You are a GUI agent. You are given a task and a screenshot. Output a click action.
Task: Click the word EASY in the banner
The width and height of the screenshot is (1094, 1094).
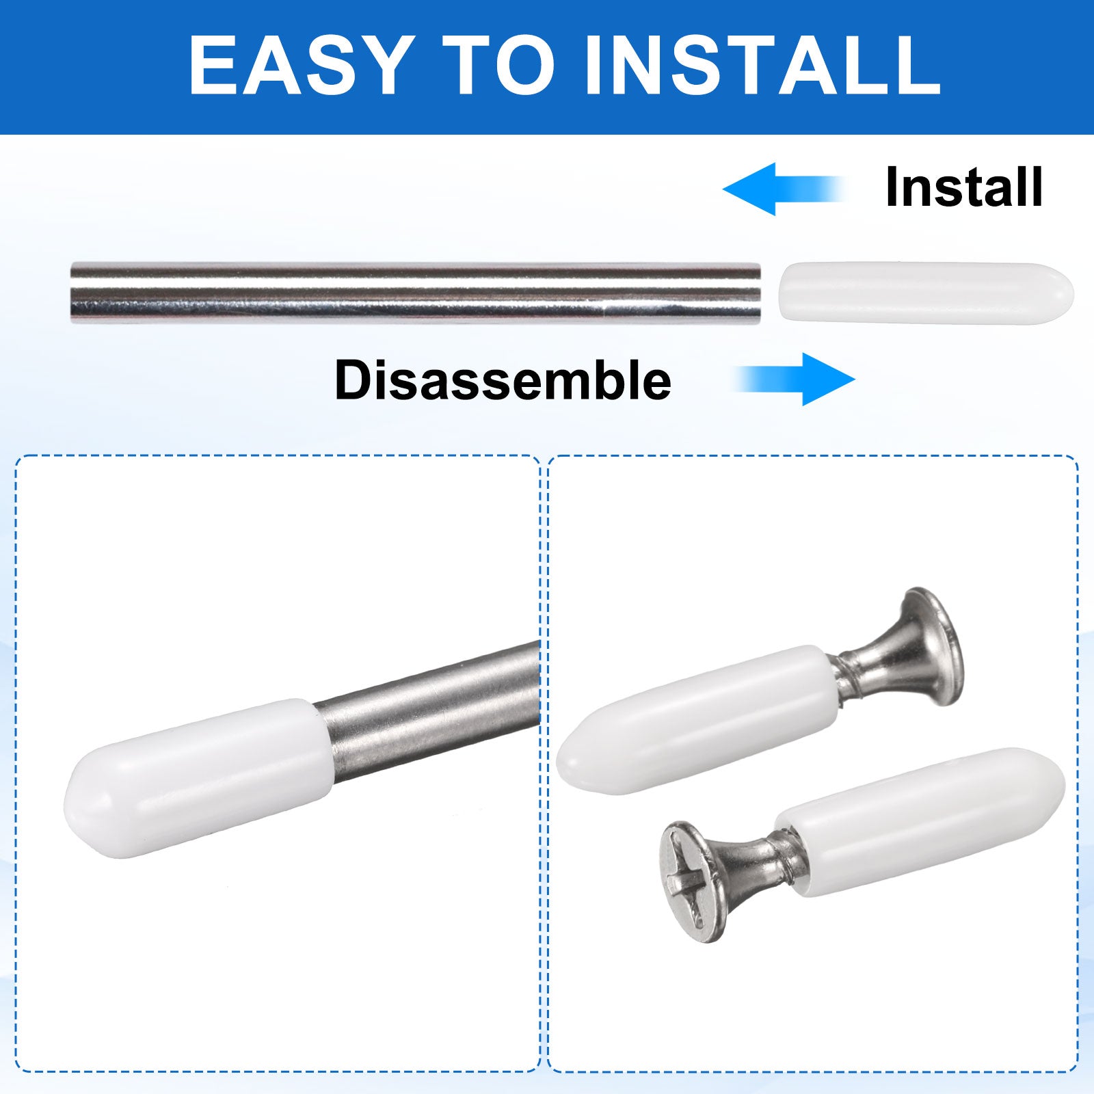[302, 65]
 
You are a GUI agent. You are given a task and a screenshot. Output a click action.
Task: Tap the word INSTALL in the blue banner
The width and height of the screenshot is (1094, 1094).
[762, 65]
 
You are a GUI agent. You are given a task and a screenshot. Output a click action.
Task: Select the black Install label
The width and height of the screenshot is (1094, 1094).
[964, 187]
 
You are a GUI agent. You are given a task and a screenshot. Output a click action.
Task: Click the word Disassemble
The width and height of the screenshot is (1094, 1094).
[503, 380]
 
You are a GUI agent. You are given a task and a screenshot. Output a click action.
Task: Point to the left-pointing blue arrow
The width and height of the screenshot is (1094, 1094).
[784, 189]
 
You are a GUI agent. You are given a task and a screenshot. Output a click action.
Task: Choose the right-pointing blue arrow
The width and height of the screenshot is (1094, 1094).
[795, 379]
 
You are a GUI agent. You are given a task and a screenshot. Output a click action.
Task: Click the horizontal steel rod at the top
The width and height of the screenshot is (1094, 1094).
[416, 293]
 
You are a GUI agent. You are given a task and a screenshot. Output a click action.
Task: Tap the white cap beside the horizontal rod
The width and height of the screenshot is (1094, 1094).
[926, 293]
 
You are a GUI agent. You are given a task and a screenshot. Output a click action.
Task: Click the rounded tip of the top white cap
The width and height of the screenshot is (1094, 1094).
[1067, 293]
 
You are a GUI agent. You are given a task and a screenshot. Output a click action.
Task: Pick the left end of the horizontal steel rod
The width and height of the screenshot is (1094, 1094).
[72, 293]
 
